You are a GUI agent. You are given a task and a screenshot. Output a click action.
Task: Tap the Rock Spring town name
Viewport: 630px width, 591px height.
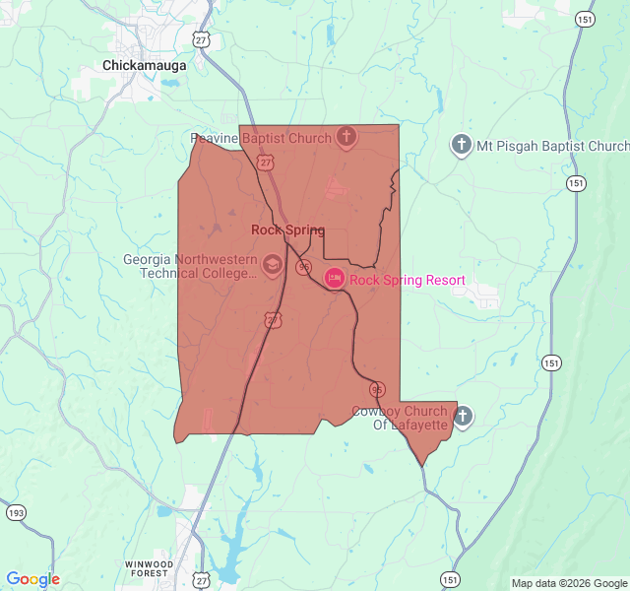click(287, 230)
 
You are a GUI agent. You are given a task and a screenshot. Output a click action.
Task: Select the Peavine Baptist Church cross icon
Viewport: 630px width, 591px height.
click(346, 138)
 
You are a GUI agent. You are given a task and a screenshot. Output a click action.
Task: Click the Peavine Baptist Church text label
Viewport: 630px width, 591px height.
click(261, 139)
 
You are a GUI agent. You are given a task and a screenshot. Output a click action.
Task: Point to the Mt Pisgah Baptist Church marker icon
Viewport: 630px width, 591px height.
click(461, 146)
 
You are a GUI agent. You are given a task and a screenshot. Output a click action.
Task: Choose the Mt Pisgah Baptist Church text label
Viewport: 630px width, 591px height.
click(552, 146)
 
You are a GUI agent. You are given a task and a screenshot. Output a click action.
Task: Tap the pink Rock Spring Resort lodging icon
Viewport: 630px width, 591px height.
click(335, 280)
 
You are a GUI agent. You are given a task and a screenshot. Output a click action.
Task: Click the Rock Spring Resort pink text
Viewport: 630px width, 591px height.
click(407, 281)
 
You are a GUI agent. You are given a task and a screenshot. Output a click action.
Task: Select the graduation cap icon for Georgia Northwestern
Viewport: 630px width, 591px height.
click(272, 264)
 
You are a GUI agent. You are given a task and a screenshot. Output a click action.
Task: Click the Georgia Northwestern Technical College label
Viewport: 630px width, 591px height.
click(190, 267)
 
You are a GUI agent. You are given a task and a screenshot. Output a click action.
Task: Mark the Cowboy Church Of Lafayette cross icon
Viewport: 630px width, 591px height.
click(463, 417)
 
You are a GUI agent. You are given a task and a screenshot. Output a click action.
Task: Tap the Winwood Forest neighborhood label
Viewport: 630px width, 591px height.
click(150, 568)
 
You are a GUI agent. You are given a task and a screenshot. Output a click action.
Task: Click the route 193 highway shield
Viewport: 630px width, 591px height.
click(16, 513)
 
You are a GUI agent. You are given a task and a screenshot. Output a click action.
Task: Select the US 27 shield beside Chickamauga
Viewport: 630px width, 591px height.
click(201, 39)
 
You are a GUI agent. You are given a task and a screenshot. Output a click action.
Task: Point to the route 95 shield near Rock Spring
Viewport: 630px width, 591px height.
click(304, 267)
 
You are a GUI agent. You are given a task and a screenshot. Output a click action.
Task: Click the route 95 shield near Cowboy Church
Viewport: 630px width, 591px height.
click(377, 389)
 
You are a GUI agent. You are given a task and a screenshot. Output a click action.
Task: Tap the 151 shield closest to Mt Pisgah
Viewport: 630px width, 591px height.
click(577, 183)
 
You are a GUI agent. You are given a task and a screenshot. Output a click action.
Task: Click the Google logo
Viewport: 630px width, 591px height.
click(32, 579)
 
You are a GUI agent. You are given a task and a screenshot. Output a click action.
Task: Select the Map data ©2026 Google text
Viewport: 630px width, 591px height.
click(568, 583)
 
